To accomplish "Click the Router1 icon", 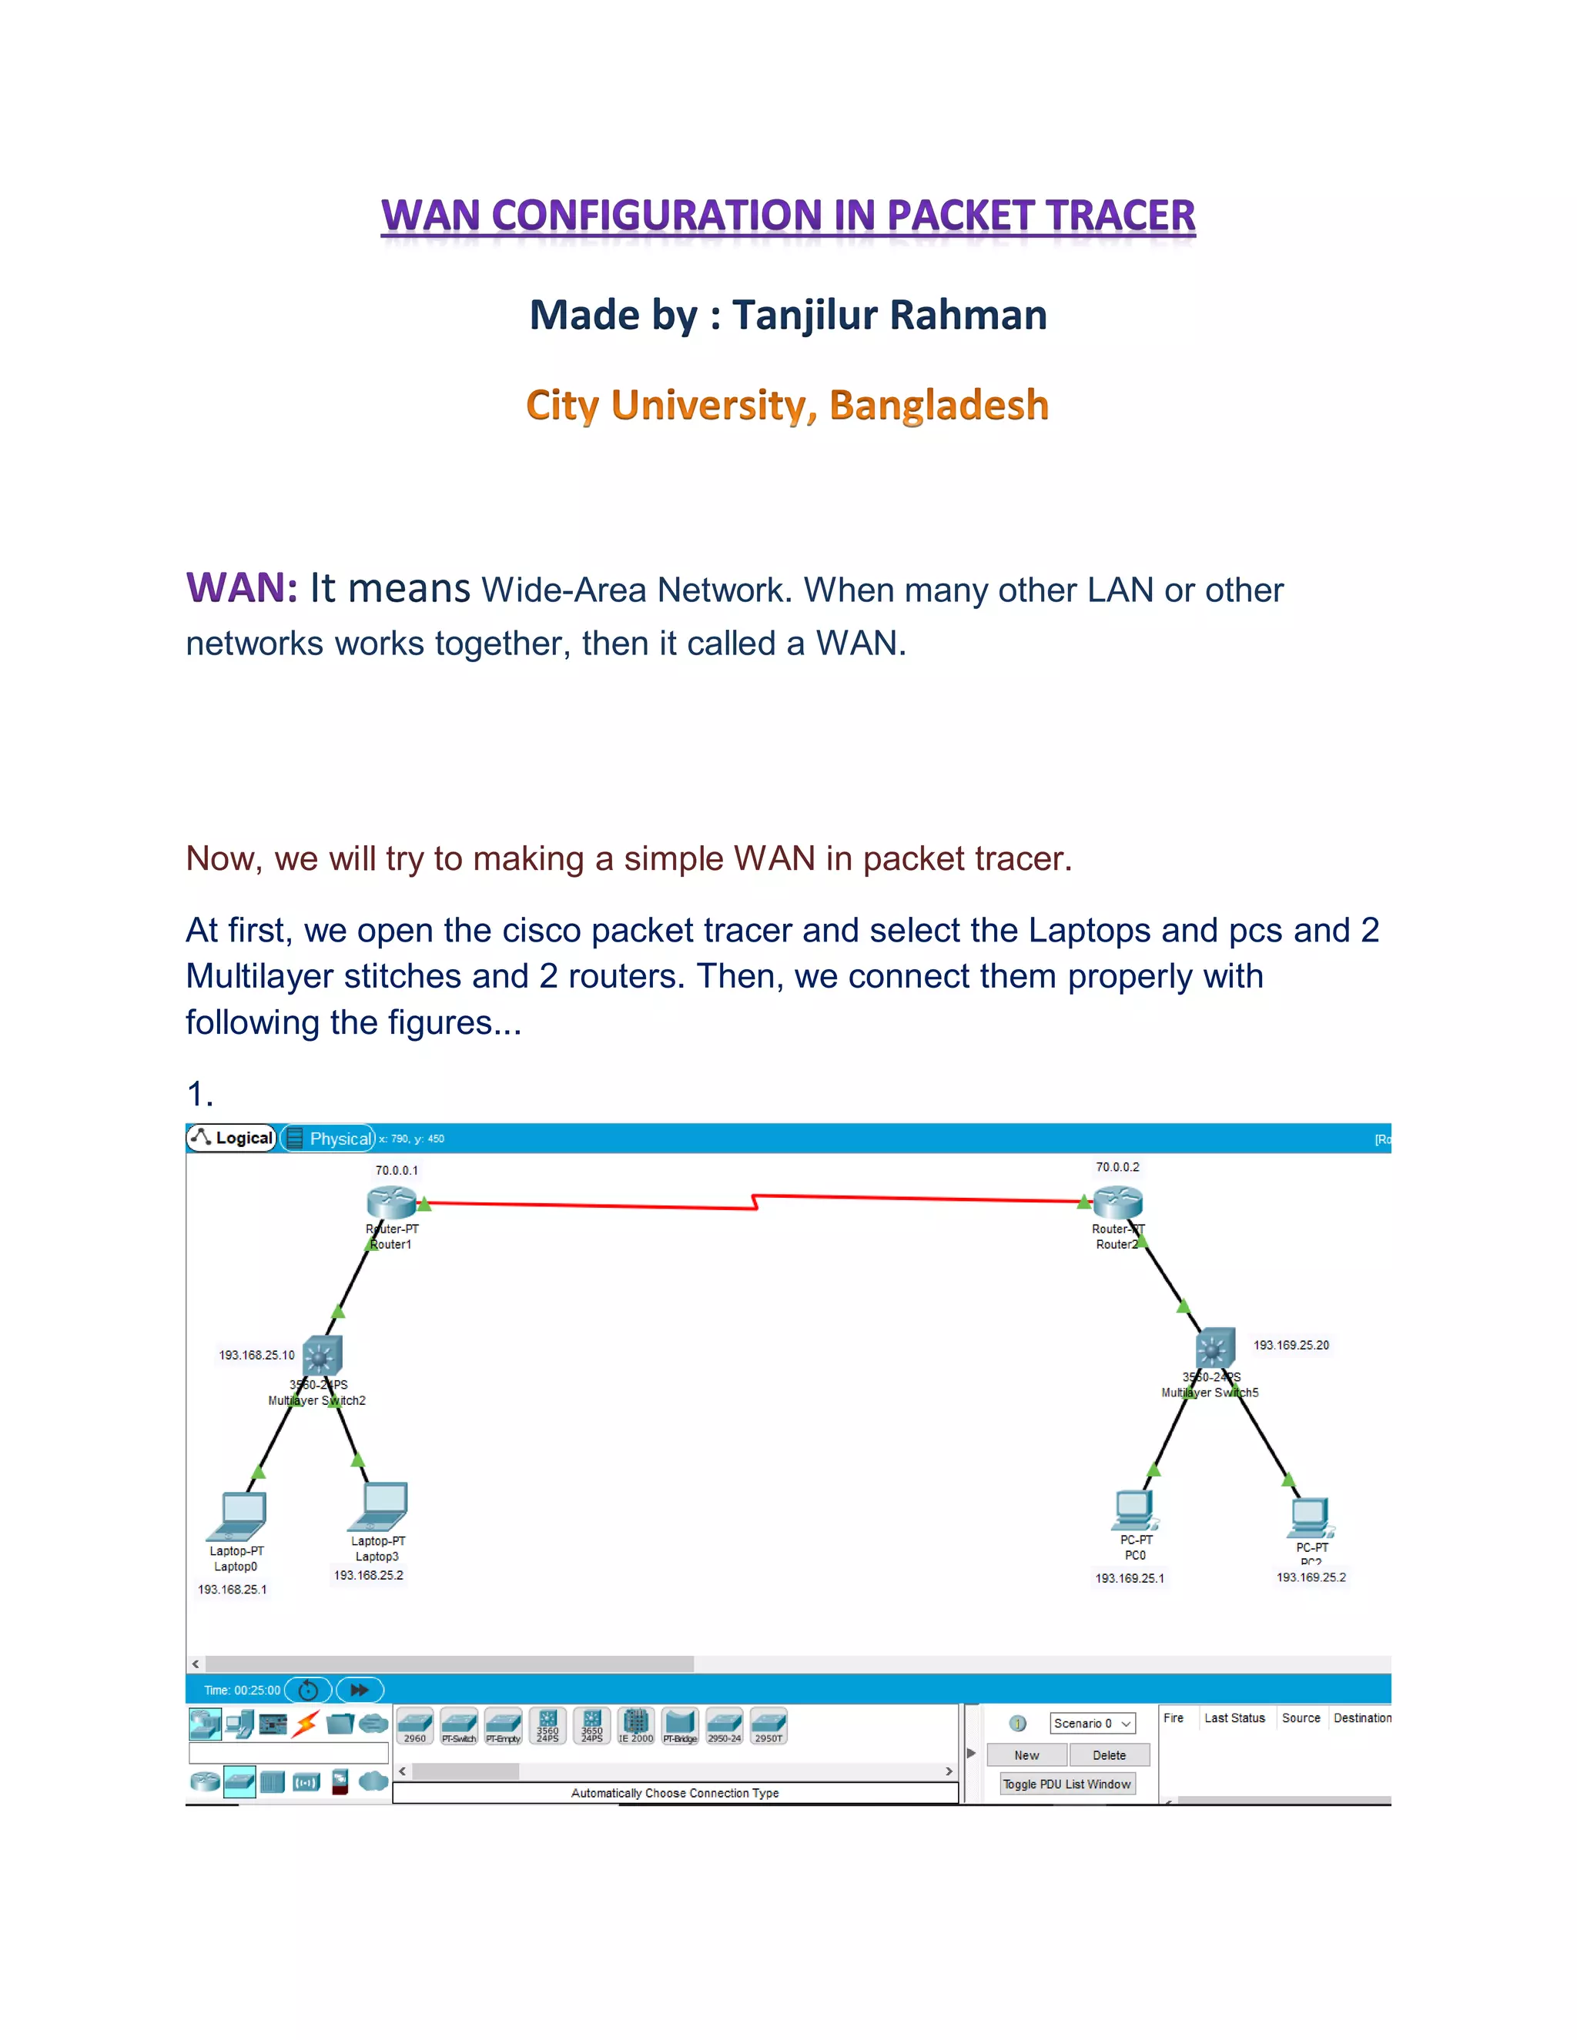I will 391,1202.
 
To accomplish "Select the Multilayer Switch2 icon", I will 323,1356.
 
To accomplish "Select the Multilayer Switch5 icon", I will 1215,1348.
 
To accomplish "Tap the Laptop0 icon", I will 239,1515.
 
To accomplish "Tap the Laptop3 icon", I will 380,1506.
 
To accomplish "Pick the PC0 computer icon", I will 1135,1510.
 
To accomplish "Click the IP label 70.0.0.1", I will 397,1170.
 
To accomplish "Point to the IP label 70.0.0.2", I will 1117,1166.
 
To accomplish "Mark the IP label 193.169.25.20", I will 1291,1345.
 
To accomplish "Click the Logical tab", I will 233,1138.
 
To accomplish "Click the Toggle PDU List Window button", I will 1067,1784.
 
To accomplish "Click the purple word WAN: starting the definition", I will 242,588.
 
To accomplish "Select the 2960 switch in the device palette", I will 415,1726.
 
